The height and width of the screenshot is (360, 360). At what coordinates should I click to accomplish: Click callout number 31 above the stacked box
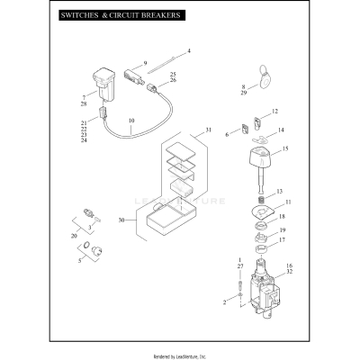point(209,131)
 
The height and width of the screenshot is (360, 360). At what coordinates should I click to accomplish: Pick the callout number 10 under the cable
point(131,120)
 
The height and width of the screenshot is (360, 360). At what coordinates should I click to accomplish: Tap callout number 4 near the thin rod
point(188,50)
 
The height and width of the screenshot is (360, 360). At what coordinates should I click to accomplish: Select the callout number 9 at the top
point(145,63)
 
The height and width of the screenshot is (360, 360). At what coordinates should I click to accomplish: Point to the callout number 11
point(288,202)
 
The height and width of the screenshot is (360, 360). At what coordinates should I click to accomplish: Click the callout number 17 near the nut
point(282,240)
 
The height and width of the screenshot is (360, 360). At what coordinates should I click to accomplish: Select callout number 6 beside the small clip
point(228,132)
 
